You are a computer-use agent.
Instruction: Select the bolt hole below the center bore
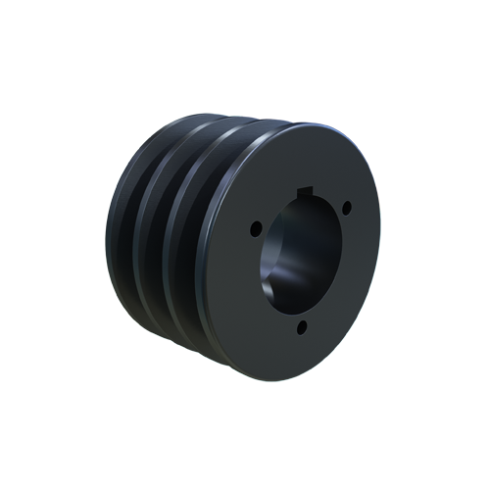click(x=302, y=326)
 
